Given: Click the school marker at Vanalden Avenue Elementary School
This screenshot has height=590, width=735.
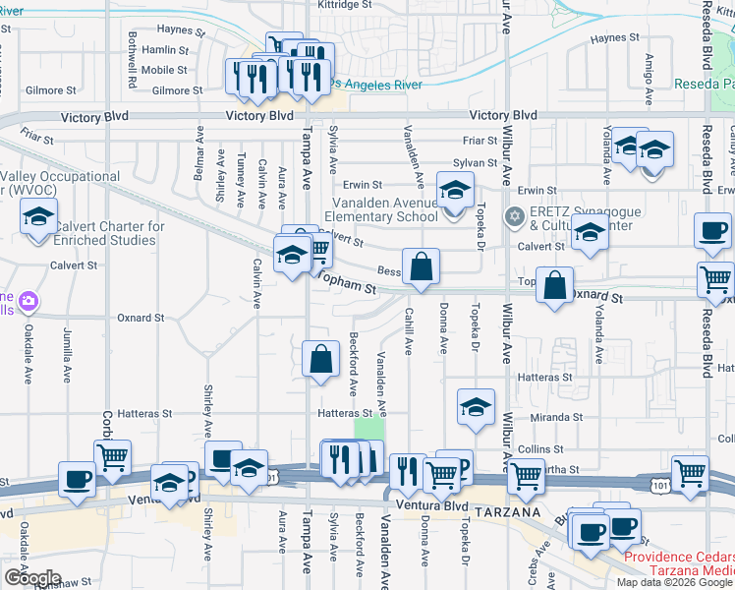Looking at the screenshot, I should click(455, 192).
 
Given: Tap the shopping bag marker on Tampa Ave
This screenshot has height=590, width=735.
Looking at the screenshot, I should click(321, 360).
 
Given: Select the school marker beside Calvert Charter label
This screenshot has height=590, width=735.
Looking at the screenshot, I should click(38, 218).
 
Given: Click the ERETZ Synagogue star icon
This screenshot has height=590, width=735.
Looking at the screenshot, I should click(512, 216).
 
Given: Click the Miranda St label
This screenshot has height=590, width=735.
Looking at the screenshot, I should click(553, 417).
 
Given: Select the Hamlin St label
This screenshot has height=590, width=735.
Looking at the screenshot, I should click(165, 50).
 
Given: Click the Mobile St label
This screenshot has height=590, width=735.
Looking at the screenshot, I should click(164, 70).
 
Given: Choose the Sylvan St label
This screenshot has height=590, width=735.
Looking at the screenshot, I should click(476, 163).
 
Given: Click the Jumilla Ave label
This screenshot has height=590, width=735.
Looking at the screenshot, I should click(67, 355).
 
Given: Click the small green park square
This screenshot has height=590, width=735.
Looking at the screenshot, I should click(368, 430).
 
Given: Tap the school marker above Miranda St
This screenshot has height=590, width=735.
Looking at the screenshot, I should click(476, 408).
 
